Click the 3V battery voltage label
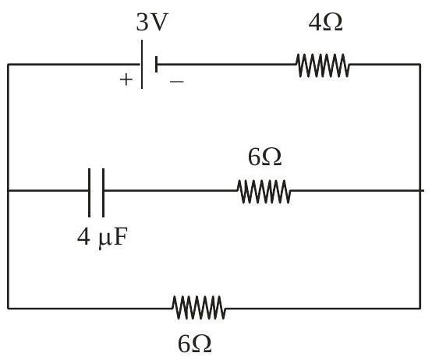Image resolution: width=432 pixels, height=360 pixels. [152, 22]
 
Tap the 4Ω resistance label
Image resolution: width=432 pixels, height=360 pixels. [325, 22]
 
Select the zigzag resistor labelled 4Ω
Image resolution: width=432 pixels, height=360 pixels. [323, 65]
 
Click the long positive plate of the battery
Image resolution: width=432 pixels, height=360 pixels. [142, 64]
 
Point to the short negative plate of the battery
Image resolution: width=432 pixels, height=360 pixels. [156, 65]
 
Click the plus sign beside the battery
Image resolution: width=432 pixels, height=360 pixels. [126, 79]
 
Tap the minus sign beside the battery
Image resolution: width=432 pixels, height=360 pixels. [176, 81]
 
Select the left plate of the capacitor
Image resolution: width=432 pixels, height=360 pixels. [89, 192]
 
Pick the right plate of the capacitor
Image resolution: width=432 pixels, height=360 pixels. [103, 192]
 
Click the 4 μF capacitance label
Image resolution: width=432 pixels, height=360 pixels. [102, 238]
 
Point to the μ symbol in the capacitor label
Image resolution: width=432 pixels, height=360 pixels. [104, 239]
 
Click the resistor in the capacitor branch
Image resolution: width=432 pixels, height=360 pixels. [264, 191]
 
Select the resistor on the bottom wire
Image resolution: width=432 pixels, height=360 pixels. [199, 308]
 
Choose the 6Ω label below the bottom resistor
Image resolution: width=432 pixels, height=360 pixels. [194, 344]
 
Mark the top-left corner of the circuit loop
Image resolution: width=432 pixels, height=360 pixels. [9, 65]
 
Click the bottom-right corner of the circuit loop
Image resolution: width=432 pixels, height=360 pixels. [420, 309]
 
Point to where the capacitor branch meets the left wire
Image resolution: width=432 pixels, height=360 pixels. [9, 190]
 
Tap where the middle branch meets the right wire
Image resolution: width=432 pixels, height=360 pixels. [420, 190]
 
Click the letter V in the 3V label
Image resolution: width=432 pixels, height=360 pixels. [159, 22]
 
